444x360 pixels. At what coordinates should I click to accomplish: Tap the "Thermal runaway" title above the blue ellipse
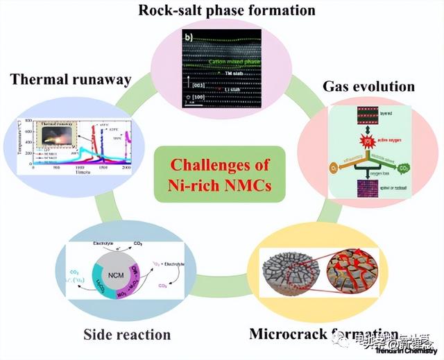coord(70,79)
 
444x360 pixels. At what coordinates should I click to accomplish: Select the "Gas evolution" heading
coord(368,87)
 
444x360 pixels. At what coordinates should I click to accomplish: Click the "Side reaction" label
coord(127,334)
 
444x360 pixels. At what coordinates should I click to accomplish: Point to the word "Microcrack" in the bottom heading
coord(287,334)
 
